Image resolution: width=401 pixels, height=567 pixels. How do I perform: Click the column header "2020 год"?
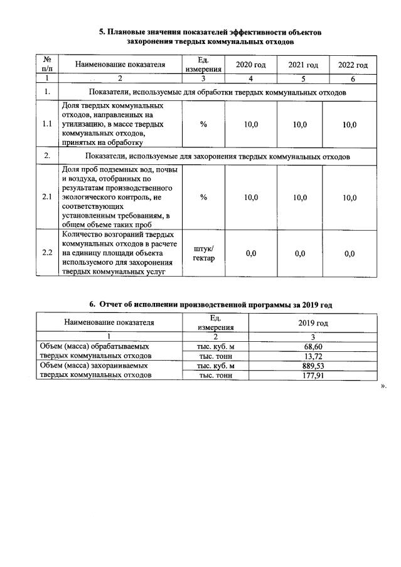click(250, 65)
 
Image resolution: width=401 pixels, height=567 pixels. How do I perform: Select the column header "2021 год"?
click(303, 65)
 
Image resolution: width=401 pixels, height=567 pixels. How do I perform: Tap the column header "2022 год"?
click(353, 65)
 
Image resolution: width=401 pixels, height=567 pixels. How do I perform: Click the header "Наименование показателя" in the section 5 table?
click(120, 64)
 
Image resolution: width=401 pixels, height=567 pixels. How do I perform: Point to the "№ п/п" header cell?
click(46, 64)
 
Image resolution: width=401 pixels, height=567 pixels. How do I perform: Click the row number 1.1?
click(46, 125)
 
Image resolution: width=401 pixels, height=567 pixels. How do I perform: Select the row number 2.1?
click(46, 198)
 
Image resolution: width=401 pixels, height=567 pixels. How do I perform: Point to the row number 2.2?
click(46, 253)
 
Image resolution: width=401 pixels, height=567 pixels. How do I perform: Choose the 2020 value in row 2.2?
click(250, 253)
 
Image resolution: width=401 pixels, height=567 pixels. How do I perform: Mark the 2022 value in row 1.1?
click(350, 125)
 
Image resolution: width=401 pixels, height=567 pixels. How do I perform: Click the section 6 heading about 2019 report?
click(210, 304)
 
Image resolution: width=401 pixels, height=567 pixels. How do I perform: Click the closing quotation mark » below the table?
click(384, 386)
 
